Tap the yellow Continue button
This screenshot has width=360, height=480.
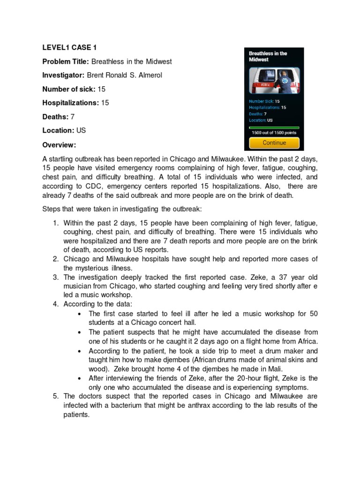pos(274,142)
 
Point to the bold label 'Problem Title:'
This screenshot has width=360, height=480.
pos(66,61)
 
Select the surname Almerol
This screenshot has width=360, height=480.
pos(147,75)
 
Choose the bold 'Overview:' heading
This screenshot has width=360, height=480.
pos(59,144)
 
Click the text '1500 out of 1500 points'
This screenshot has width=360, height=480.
pos(274,133)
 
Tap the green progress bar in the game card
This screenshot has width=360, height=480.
pos(274,127)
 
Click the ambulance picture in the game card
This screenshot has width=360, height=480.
pos(274,80)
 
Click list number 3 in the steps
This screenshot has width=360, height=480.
pos(54,277)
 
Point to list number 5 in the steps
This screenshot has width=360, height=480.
pos(54,396)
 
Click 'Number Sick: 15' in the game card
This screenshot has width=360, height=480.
pos(264,101)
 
